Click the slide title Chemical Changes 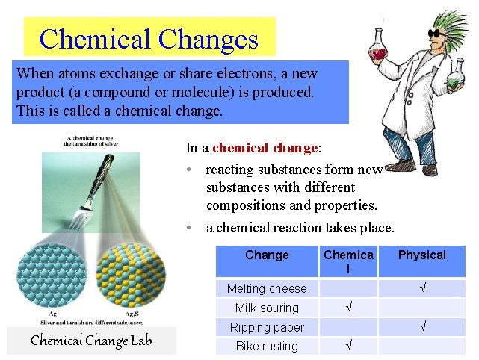pos(149,38)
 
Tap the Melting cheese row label pos(267,288)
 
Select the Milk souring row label pos(267,308)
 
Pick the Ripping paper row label pos(267,327)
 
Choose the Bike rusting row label pos(267,346)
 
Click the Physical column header pos(421,255)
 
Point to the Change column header pos(267,255)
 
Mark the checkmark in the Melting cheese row pos(422,288)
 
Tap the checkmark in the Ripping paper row pos(422,327)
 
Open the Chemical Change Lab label pos(91,341)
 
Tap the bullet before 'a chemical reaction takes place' pos(191,227)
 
